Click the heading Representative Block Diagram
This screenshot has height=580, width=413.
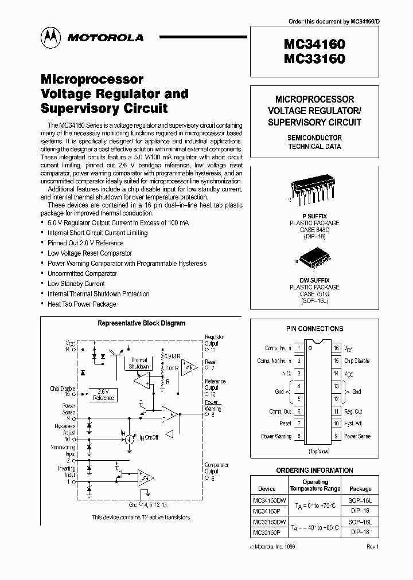(141, 323)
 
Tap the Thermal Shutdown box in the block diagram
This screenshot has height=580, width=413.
(138, 363)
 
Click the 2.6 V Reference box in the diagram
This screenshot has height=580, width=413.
(103, 394)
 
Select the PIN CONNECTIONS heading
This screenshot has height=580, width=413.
(314, 329)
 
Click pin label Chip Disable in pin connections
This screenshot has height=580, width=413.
(356, 361)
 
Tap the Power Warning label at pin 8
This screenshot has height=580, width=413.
(276, 436)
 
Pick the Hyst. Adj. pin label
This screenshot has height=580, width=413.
(353, 424)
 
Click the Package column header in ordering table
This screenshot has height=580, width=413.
(360, 489)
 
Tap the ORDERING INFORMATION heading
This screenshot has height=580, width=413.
(314, 471)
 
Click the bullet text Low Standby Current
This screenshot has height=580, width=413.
(76, 284)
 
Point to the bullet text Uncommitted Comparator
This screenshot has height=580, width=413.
(82, 273)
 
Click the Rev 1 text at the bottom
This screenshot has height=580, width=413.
(372, 547)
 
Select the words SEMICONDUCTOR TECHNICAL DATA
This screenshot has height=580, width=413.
(314, 142)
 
